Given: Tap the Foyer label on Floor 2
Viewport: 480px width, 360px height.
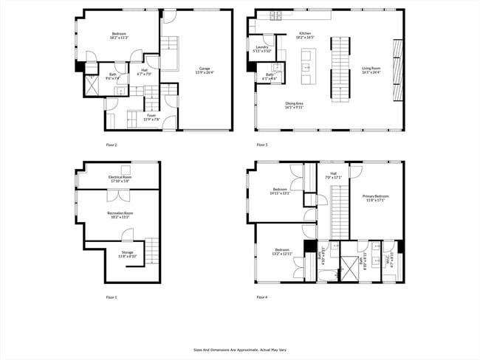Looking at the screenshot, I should click(x=151, y=117).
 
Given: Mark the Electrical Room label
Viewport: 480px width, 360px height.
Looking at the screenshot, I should click(x=120, y=179).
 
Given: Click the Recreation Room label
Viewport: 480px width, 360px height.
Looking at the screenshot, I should click(x=119, y=215).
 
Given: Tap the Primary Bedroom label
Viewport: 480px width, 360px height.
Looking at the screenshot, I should click(x=375, y=198).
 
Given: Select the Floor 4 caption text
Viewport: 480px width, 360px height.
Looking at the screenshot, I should click(x=262, y=297).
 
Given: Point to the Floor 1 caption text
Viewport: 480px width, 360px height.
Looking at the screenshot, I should click(x=112, y=297).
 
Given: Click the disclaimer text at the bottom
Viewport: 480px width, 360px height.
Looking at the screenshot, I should click(x=239, y=350).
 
